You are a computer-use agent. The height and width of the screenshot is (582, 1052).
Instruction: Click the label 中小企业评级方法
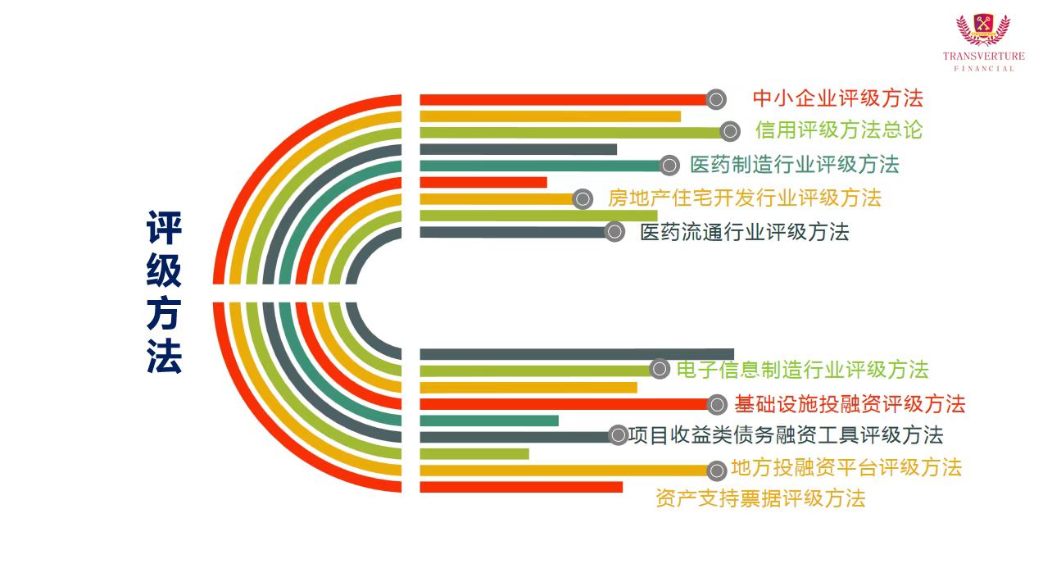pyautogui.click(x=837, y=98)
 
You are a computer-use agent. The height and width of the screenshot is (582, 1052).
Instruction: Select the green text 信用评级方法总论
pyautogui.click(x=839, y=130)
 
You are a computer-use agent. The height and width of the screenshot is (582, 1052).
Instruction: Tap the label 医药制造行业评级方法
pyautogui.click(x=794, y=164)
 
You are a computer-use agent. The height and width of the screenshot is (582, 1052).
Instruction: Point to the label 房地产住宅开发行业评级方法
pyautogui.click(x=744, y=198)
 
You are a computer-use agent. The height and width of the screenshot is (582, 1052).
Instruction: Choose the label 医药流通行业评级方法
pyautogui.click(x=744, y=232)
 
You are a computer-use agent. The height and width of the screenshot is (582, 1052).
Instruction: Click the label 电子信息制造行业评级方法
pyautogui.click(x=802, y=370)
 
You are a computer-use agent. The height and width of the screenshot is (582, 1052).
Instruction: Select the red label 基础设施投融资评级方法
pyautogui.click(x=850, y=404)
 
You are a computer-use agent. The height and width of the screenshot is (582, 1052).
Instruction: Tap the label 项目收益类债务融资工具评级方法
pyautogui.click(x=785, y=434)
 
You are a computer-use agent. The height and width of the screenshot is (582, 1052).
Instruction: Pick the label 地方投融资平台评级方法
pyautogui.click(x=846, y=468)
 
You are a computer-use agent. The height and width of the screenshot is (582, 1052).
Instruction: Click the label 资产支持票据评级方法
pyautogui.click(x=760, y=498)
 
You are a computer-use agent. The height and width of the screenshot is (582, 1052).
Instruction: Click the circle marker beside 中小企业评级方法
pyautogui.click(x=716, y=100)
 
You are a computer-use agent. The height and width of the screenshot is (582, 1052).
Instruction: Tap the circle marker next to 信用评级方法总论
pyautogui.click(x=731, y=131)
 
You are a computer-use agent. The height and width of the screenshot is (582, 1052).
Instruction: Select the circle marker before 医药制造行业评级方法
pyautogui.click(x=669, y=166)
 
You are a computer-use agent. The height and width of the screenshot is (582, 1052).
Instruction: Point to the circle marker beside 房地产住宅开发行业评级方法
pyautogui.click(x=583, y=198)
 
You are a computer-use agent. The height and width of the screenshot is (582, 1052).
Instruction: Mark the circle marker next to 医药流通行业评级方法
pyautogui.click(x=614, y=232)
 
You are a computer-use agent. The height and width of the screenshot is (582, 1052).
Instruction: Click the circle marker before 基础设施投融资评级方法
pyautogui.click(x=717, y=404)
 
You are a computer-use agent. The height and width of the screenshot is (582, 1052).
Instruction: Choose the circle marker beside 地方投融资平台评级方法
pyautogui.click(x=717, y=470)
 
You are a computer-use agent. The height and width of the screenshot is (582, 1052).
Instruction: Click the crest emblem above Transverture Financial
pyautogui.click(x=983, y=30)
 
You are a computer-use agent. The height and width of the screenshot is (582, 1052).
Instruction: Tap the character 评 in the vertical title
pyautogui.click(x=164, y=228)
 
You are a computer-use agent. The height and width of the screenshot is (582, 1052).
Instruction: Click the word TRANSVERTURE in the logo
pyautogui.click(x=983, y=57)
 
